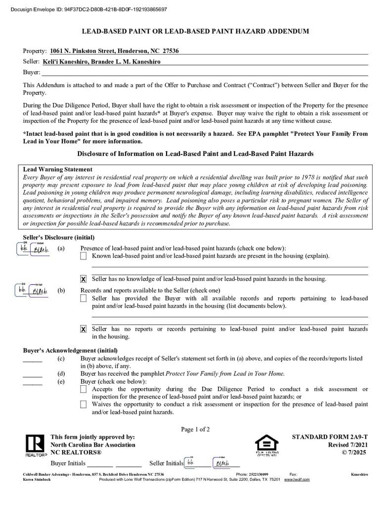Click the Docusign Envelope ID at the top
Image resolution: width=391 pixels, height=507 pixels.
tap(88, 9)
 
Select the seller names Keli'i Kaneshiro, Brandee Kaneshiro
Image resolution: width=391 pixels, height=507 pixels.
tap(105, 62)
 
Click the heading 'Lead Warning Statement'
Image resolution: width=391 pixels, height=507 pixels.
tap(58, 169)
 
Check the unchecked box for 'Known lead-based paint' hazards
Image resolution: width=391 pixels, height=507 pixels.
tap(84, 256)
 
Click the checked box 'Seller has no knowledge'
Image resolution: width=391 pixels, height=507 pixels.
tap(84, 279)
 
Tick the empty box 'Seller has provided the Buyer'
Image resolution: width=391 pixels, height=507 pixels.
tap(84, 299)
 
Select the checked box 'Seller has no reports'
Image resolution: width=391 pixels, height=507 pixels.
tap(84, 329)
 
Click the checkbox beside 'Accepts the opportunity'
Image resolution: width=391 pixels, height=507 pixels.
tap(84, 390)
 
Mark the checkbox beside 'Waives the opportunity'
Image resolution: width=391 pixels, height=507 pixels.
tap(84, 405)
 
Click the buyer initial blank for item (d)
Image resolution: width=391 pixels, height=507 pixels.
tap(33, 374)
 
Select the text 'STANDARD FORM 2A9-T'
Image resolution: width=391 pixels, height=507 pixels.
tap(330, 437)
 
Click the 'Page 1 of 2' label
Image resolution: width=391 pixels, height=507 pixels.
tap(195, 429)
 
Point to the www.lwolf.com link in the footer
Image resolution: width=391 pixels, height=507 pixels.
tap(297, 479)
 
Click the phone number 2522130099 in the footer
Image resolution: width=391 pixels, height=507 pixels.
tap(259, 474)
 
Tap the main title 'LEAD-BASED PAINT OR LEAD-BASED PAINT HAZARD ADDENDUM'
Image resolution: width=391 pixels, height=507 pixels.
tap(195, 31)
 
